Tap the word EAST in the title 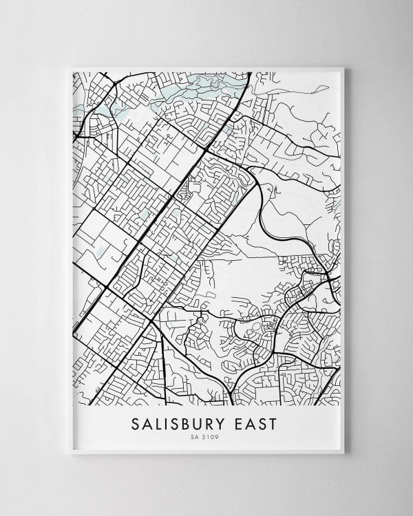click(257, 424)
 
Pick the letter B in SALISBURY click(192, 424)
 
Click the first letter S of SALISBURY click(135, 424)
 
